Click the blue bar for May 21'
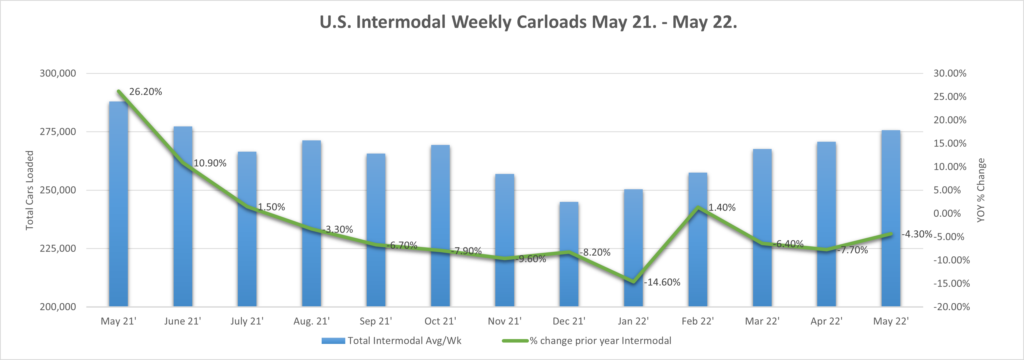point(118,207)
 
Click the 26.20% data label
point(146,92)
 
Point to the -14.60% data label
point(662,282)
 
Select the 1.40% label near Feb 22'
point(722,208)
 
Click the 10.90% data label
point(210,163)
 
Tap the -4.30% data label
point(917,234)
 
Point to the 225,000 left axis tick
point(58,248)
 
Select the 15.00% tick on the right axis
point(950,143)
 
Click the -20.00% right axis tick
point(951,307)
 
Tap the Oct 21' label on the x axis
point(440,321)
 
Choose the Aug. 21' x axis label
point(311,321)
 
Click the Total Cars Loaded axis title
point(30,190)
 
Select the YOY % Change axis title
point(981,190)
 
